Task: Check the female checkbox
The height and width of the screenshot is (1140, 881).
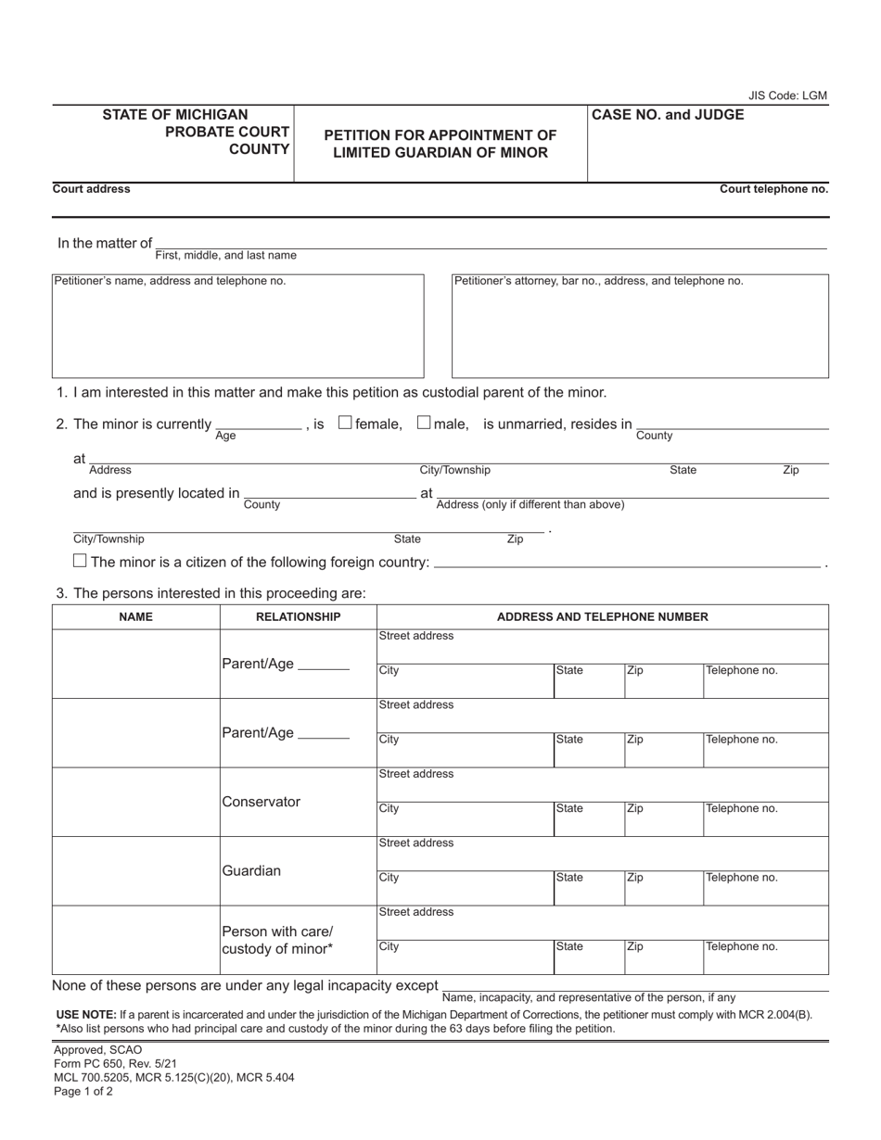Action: coord(345,423)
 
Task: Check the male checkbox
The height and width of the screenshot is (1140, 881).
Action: coord(424,423)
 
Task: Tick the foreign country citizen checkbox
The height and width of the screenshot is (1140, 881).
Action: coord(80,561)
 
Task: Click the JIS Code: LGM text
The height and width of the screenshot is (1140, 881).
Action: coord(787,95)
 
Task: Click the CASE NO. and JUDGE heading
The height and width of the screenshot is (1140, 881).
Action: coord(668,115)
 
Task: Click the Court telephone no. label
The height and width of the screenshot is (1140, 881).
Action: coord(773,189)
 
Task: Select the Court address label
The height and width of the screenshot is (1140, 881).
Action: coord(92,189)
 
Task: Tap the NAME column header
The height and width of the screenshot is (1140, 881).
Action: coord(135,616)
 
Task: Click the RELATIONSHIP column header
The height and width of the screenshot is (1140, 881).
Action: coord(298,616)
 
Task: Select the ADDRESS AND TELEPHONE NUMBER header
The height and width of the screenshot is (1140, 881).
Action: coord(602,616)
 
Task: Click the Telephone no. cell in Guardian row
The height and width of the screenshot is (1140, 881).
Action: coord(765,887)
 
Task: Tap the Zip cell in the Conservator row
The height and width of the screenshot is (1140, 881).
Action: coord(663,817)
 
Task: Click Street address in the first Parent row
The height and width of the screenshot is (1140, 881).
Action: coord(602,646)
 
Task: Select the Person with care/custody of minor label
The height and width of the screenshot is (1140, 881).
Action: coord(277,940)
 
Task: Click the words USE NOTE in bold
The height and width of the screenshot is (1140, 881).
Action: coord(86,1014)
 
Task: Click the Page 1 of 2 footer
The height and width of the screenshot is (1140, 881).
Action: coord(83,1091)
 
